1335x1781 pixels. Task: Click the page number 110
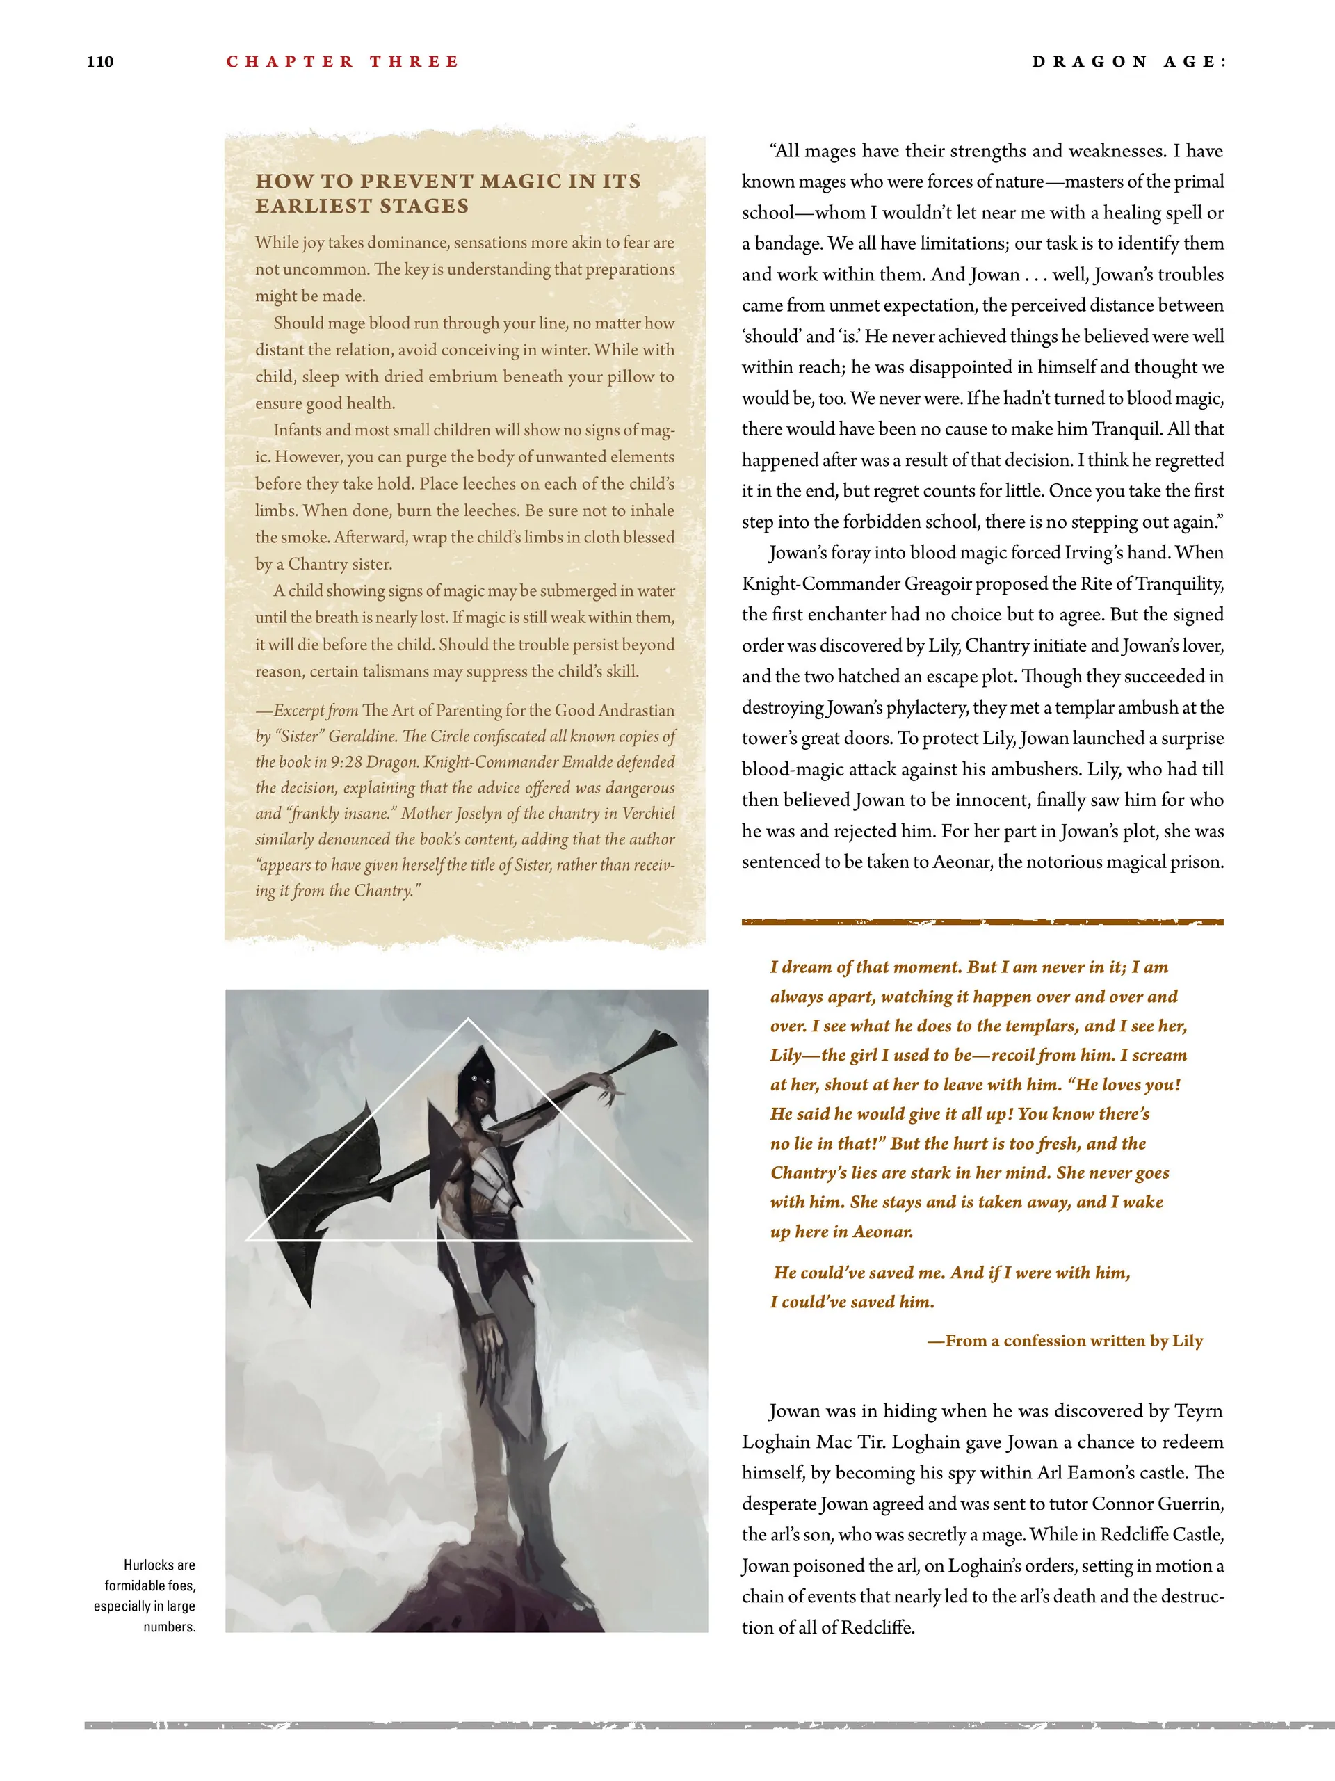100,62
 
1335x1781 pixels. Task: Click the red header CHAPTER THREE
342,62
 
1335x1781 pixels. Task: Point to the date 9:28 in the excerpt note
348,761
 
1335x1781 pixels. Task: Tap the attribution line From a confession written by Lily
1065,1341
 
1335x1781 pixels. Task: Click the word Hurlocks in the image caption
149,1565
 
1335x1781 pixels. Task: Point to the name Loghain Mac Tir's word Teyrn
1198,1412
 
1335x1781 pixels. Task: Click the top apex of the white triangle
469,1020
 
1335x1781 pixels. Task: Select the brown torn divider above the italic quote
982,922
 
